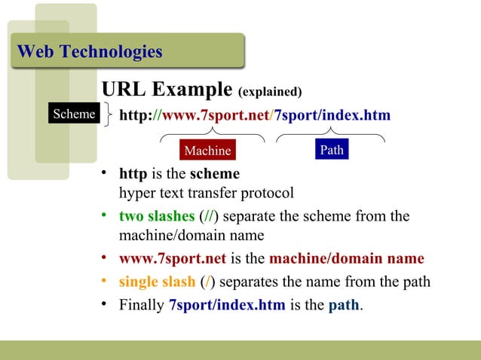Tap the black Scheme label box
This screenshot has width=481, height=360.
pyautogui.click(x=73, y=114)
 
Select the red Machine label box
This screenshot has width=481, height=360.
pyautogui.click(x=207, y=151)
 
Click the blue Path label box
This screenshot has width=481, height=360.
pyautogui.click(x=332, y=150)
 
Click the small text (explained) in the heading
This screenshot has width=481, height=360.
pyautogui.click(x=270, y=93)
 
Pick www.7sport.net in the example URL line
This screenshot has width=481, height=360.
pyautogui.click(x=216, y=115)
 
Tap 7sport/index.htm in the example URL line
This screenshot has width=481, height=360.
pyautogui.click(x=332, y=115)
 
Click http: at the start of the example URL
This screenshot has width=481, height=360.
pyautogui.click(x=136, y=115)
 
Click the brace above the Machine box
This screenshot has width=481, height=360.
pyautogui.click(x=211, y=136)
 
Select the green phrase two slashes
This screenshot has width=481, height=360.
pyautogui.click(x=152, y=217)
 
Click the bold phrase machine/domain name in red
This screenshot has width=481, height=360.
pyautogui.click(x=346, y=259)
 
